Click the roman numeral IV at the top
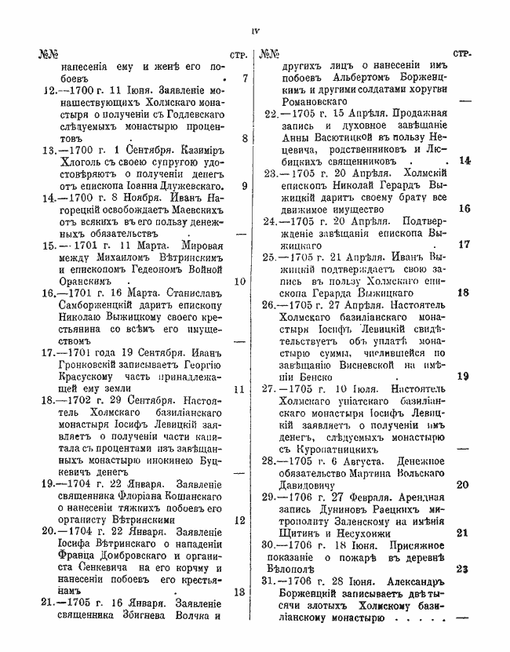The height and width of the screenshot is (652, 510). [x=255, y=31]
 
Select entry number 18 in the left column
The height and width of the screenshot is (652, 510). [x=46, y=399]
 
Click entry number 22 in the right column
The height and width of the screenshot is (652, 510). [x=272, y=114]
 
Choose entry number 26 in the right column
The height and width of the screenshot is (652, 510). [x=271, y=304]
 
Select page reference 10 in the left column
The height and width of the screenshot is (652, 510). [x=240, y=281]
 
